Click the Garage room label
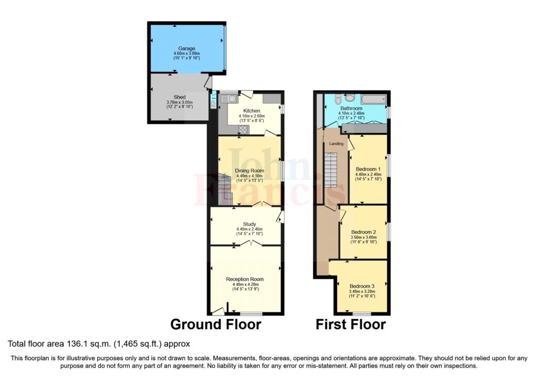coord(187,48)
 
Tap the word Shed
coord(180,97)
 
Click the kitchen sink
coord(229,97)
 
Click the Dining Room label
coord(250,170)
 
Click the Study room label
coord(249,224)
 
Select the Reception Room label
coord(245,279)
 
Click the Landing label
coord(336,144)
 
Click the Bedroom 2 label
coord(364,232)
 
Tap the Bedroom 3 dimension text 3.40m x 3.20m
coord(361,291)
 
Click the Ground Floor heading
coord(215,324)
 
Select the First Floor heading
coord(350,324)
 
